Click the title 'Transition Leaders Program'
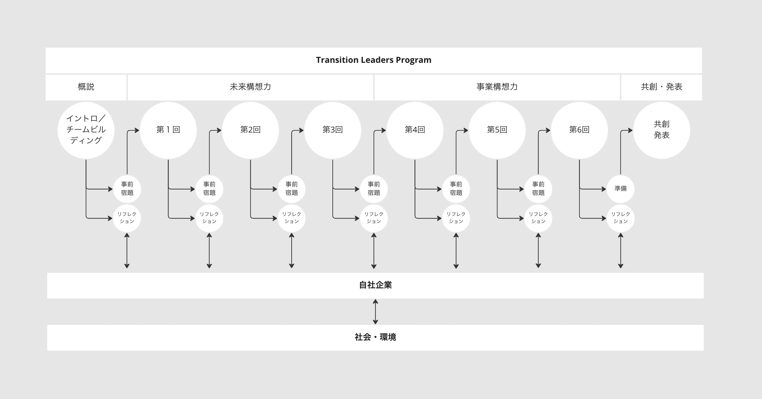pyautogui.click(x=374, y=60)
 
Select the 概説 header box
pyautogui.click(x=86, y=87)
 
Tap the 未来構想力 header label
pyautogui.click(x=250, y=87)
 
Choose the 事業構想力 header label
pyautogui.click(x=497, y=87)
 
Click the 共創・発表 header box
pyautogui.click(x=662, y=87)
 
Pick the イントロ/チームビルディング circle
pyautogui.click(x=86, y=130)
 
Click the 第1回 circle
pyautogui.click(x=168, y=130)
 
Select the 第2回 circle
pyautogui.click(x=250, y=130)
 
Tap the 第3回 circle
pyautogui.click(x=333, y=130)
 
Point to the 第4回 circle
pyautogui.click(x=415, y=130)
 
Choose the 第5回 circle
pyautogui.click(x=497, y=130)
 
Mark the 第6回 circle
pyautogui.click(x=580, y=130)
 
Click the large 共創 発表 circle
pyautogui.click(x=662, y=130)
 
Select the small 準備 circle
pyautogui.click(x=620, y=189)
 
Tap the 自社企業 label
pyautogui.click(x=375, y=285)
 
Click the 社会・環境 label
pyautogui.click(x=375, y=337)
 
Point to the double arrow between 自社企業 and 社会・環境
pyautogui.click(x=375, y=312)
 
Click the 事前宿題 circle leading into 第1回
pyautogui.click(x=127, y=189)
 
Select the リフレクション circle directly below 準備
pyautogui.click(x=620, y=218)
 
